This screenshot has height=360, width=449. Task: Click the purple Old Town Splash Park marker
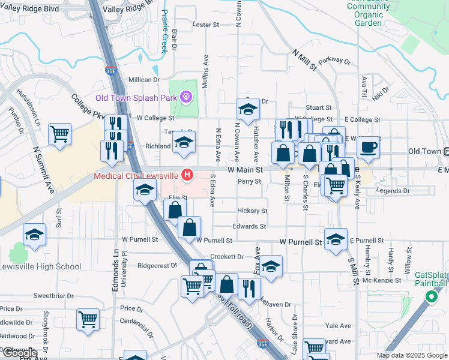(x=186, y=97)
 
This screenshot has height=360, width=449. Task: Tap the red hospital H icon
(x=187, y=175)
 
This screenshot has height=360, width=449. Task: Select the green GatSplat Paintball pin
(x=430, y=296)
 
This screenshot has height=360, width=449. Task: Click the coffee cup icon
(x=367, y=147)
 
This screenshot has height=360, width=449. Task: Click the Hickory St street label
(x=252, y=211)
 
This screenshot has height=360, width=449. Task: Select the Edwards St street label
(x=250, y=227)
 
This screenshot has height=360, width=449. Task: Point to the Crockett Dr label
(x=226, y=256)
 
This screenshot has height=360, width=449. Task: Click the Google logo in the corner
(x=19, y=353)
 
